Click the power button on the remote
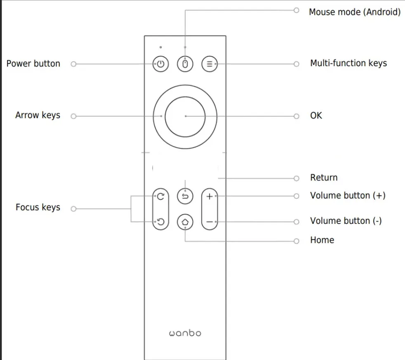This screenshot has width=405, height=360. pos(161,64)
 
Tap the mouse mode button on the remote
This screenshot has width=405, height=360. pos(185,64)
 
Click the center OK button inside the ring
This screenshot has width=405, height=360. pos(185,117)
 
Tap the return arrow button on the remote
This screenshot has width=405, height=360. pos(185,196)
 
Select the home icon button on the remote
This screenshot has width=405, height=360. pos(185,222)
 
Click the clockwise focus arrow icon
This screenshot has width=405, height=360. pos(161,197)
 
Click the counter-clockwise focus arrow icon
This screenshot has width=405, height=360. pos(161,222)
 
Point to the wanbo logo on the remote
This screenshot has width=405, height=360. pos(185,333)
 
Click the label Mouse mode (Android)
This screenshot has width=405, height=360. pos(355,12)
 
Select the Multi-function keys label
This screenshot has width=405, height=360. pos(348,63)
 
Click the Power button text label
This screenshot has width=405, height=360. pos(33,64)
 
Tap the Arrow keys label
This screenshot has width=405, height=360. pos(38,115)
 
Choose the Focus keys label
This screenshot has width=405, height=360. pos(38,207)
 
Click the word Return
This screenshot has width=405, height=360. pos(324,178)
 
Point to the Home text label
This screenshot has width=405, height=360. pos(322,240)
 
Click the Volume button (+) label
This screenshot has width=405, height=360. pos(348,196)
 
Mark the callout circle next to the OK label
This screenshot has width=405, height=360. pos(296,116)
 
